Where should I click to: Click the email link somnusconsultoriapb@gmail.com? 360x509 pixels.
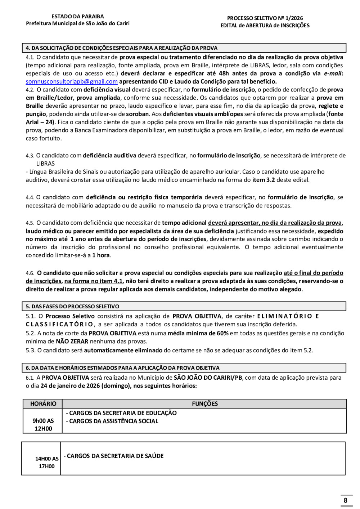(x=72, y=82)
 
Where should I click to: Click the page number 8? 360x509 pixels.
(x=346, y=500)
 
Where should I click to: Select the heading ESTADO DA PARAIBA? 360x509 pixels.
(x=77, y=17)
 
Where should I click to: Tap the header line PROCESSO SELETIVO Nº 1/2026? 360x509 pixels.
(x=265, y=18)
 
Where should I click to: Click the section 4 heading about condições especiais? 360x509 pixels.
(x=122, y=48)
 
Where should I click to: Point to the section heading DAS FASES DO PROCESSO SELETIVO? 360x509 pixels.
(x=72, y=307)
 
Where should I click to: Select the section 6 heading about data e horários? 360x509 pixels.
(x=122, y=368)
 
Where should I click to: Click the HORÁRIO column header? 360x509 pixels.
(x=43, y=404)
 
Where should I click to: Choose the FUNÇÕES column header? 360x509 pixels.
(x=205, y=404)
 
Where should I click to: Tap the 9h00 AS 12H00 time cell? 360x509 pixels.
(x=43, y=425)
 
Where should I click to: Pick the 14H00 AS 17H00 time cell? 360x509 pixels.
(x=47, y=463)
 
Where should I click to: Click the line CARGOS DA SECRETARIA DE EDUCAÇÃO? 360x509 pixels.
(x=121, y=413)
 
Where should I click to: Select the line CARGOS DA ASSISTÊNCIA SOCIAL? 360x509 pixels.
(x=112, y=421)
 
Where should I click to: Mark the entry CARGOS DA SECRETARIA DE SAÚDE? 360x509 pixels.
(x=114, y=456)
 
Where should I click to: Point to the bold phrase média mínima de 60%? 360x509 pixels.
(x=198, y=333)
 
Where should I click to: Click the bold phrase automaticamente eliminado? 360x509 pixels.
(x=123, y=350)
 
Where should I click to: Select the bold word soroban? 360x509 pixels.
(x=137, y=114)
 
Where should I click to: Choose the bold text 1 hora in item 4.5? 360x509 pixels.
(x=101, y=255)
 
